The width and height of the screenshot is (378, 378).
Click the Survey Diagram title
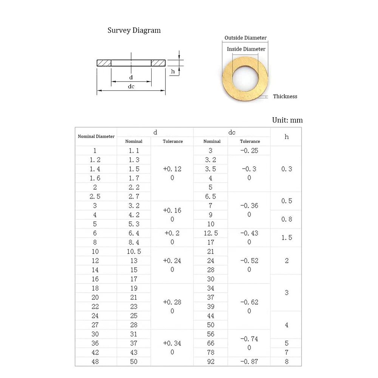134,31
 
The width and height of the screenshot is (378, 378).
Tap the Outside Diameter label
245,38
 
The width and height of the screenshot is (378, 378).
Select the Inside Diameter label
246,49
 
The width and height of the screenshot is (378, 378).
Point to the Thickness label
285,96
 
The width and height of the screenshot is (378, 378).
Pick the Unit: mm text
287,120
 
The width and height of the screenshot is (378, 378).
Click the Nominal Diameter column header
96,136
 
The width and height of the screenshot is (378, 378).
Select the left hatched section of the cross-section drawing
104,63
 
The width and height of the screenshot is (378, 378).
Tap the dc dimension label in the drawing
131,86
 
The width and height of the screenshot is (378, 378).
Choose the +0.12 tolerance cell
172,169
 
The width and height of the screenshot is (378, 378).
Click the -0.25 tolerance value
249,150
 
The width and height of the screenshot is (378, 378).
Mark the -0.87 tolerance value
249,361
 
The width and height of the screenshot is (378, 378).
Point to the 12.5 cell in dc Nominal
211,233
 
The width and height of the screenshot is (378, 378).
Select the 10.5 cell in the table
134,251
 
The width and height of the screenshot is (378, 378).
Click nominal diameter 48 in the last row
95,361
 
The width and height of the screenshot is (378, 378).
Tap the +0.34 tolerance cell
172,343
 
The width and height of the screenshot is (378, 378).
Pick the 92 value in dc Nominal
211,361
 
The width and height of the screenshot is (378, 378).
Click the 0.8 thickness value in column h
287,219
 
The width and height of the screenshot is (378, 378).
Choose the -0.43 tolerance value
249,233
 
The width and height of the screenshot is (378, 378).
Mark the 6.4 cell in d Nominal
134,233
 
